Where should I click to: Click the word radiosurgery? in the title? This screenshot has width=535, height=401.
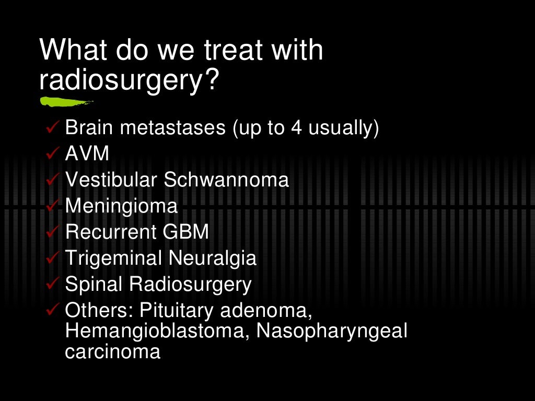[128, 81]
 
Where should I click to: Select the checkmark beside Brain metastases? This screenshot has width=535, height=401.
[53, 128]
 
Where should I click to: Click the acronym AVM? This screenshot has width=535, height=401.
[87, 154]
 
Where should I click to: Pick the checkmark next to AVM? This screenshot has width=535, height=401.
[53, 154]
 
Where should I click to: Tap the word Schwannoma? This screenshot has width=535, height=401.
[226, 180]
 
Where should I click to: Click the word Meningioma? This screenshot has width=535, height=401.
[121, 207]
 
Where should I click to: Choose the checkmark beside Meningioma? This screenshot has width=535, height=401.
[53, 206]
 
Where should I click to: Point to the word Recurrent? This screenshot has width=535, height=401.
[110, 232]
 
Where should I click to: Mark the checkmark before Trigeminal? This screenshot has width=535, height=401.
[53, 258]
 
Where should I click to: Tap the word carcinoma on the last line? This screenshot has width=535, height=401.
[112, 351]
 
